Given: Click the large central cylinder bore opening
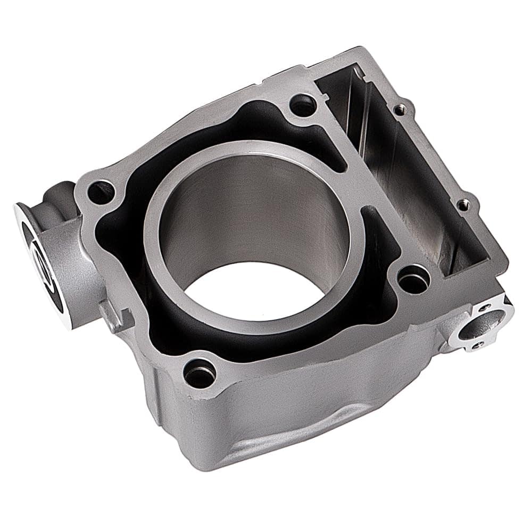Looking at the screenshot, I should tap(250, 229).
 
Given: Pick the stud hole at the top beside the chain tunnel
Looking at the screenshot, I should tap(303, 105).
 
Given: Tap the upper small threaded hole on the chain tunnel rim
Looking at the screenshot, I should tap(399, 110).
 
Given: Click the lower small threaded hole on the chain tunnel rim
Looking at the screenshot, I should tap(463, 204).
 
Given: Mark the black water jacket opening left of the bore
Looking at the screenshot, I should tap(122, 239).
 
